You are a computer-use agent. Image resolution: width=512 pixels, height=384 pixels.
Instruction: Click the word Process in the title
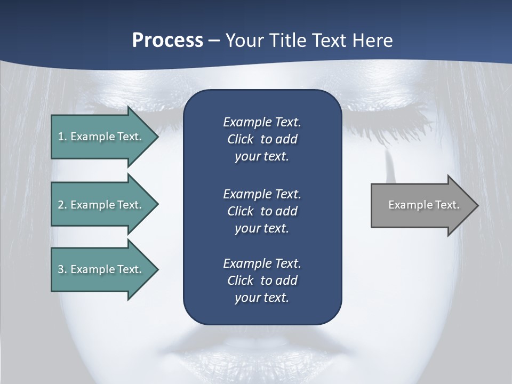[x=167, y=40]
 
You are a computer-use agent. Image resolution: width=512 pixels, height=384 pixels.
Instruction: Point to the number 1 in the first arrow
[x=61, y=137]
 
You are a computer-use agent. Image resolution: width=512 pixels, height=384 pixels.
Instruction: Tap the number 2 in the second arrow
[x=61, y=205]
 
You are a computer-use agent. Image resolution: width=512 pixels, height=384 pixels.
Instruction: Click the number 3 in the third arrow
[x=61, y=269]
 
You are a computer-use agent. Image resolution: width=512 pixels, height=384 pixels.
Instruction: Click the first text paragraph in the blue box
[x=262, y=139]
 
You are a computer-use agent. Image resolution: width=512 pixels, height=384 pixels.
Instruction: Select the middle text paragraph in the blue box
[x=262, y=211]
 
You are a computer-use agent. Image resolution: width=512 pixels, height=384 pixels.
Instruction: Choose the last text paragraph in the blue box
[x=262, y=281]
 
